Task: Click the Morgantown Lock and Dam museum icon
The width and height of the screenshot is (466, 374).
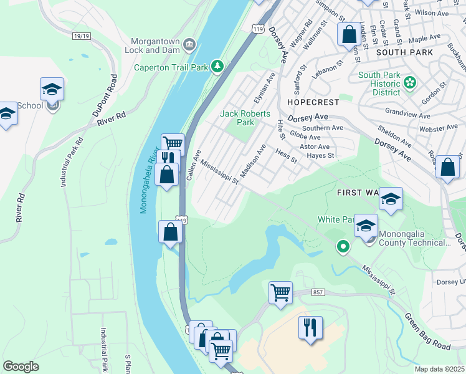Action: [x=190, y=44]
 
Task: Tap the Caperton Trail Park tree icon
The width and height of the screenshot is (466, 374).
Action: [x=217, y=66]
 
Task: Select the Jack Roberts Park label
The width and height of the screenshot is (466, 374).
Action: [x=245, y=118]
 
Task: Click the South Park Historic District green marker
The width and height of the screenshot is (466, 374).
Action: [x=410, y=82]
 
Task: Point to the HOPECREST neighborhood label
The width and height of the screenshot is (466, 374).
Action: [x=313, y=102]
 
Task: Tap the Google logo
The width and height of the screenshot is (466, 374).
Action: [x=21, y=366]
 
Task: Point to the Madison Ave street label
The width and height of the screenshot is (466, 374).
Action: [x=253, y=160]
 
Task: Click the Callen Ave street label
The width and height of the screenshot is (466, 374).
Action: [x=193, y=166]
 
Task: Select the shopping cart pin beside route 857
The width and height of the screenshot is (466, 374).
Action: [x=280, y=292]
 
